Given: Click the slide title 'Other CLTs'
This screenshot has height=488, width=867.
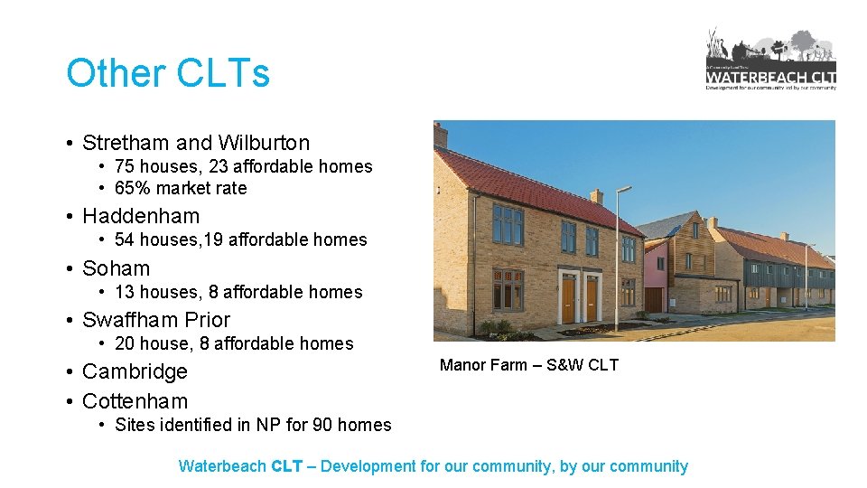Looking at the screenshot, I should click(x=168, y=73).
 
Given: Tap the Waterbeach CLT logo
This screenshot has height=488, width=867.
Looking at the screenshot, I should click(x=770, y=60).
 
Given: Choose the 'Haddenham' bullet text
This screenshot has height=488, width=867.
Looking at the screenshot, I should click(x=141, y=216).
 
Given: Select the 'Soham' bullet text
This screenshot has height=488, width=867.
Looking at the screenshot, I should click(x=117, y=268).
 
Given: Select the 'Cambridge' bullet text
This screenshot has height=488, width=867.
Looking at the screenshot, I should click(x=135, y=371).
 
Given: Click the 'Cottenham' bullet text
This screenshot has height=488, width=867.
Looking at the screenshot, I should click(x=135, y=401).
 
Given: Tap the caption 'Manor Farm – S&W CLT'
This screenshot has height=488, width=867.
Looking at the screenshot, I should click(x=528, y=365).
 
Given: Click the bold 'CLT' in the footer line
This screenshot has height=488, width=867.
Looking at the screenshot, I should click(x=286, y=466).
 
